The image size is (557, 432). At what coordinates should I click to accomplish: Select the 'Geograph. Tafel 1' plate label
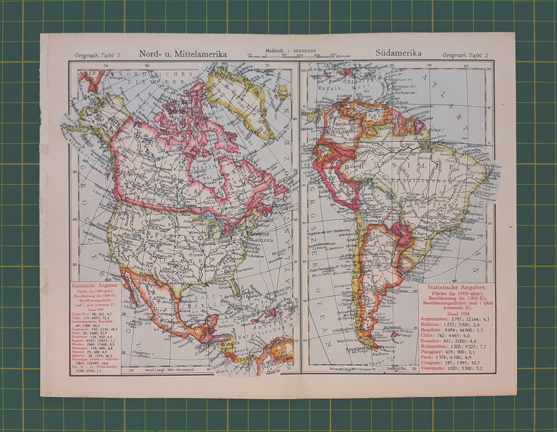click(x=98, y=54)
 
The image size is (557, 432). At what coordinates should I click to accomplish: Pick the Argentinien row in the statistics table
click(x=457, y=318)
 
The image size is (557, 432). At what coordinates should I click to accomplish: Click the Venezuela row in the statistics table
click(x=457, y=367)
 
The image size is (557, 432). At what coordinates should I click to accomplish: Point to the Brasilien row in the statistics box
click(x=457, y=330)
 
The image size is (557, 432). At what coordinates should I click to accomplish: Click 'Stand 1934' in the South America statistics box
click(x=457, y=312)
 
